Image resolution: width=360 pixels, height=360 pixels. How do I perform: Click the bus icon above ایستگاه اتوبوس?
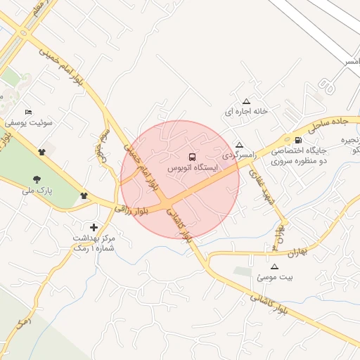(193, 156)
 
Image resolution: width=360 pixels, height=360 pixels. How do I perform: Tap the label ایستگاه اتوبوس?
(193, 169)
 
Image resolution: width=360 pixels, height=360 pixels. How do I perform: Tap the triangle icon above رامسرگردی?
(240, 143)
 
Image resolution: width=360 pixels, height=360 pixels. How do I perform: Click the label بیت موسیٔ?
(275, 278)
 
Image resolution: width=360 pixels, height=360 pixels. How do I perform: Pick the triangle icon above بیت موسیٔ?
(274, 267)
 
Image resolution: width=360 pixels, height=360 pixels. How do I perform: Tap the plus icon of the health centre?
(94, 227)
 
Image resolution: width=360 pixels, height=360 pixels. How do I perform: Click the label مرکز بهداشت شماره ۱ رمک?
(94, 243)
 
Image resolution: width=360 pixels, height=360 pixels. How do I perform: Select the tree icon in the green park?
(37, 179)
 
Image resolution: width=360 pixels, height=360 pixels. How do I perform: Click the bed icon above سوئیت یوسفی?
(28, 112)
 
